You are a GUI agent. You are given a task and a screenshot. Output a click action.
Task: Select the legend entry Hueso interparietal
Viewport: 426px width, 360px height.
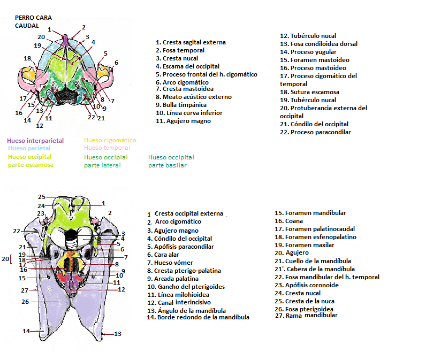coord(35,141)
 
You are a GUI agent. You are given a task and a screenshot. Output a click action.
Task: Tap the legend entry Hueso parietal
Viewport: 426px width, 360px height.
coord(30,148)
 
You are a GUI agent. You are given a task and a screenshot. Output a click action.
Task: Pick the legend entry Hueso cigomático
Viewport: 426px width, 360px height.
coord(110,141)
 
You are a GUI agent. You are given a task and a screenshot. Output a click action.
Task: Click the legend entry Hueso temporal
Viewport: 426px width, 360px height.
coord(107,148)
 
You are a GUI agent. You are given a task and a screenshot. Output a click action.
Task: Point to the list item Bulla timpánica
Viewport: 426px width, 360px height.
coord(180,105)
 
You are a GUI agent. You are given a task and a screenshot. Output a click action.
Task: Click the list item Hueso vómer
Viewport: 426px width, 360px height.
coord(173,263)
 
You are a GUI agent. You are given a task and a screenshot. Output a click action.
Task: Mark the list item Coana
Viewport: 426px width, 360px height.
coord(294,221)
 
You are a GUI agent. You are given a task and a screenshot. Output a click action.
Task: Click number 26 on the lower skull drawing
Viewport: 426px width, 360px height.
coord(24,302)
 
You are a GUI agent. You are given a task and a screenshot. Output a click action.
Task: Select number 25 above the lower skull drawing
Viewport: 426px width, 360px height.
coord(41,197)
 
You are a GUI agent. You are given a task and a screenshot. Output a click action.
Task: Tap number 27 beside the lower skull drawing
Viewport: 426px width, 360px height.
coord(24,290)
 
